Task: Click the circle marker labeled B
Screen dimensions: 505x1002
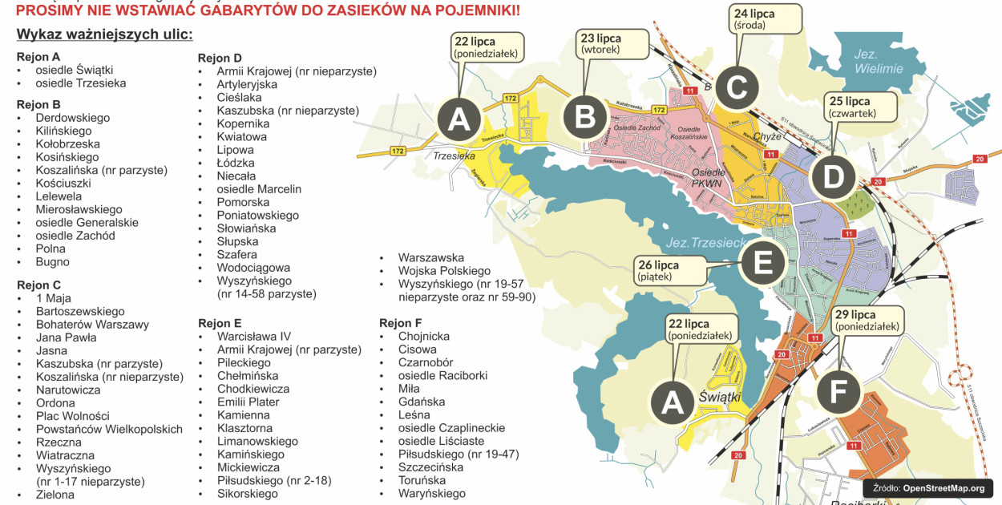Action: (586, 118)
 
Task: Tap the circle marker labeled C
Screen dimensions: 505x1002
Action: (737, 88)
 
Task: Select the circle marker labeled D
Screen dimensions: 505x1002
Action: (834, 177)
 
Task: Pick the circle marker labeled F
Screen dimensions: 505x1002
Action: (838, 393)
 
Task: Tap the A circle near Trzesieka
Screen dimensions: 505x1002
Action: (459, 120)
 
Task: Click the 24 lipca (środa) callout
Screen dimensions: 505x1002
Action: (766, 18)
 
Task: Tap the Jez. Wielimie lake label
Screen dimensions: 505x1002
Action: (878, 61)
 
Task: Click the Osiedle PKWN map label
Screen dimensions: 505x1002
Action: (708, 178)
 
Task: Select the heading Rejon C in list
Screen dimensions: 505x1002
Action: (38, 285)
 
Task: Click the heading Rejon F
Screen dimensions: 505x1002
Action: (401, 323)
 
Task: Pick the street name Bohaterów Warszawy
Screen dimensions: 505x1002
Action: (92, 325)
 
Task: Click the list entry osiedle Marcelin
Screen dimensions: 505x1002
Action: (259, 189)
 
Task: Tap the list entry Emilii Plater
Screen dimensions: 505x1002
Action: (248, 402)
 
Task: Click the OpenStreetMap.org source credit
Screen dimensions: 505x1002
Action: (927, 488)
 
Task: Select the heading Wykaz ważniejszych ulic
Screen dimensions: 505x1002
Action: (104, 35)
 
